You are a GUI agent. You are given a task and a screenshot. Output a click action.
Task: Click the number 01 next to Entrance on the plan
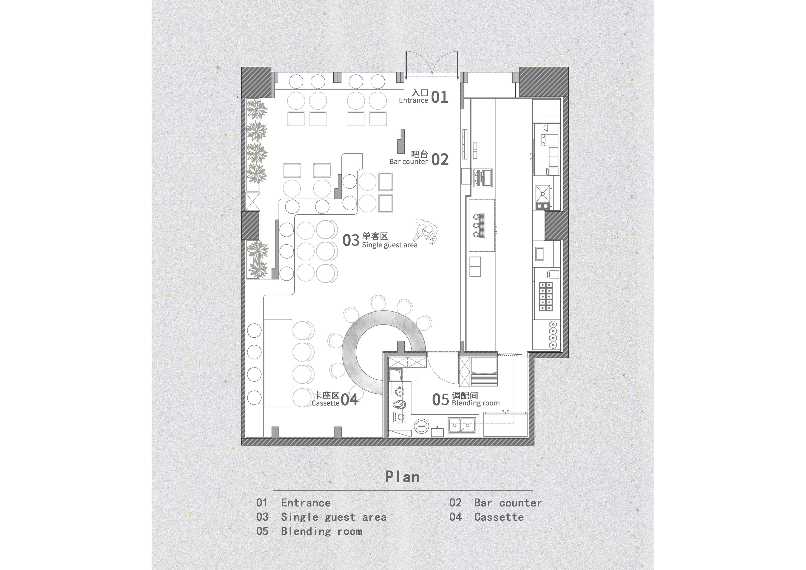pyautogui.click(x=440, y=97)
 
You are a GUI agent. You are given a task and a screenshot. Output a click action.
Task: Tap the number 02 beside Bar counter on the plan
pyautogui.click(x=440, y=160)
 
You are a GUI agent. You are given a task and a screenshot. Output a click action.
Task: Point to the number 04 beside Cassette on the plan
pyautogui.click(x=349, y=400)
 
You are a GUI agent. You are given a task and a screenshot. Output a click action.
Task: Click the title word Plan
pyautogui.click(x=402, y=477)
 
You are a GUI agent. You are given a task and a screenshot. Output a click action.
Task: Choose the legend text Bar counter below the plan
pyautogui.click(x=508, y=503)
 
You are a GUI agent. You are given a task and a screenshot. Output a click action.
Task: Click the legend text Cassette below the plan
pyautogui.click(x=499, y=517)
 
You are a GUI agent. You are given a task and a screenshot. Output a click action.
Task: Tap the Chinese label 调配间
pyautogui.click(x=465, y=396)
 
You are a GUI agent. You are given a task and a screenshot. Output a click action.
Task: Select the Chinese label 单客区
pyautogui.click(x=375, y=236)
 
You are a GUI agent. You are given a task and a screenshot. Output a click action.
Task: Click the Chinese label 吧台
pyautogui.click(x=420, y=154)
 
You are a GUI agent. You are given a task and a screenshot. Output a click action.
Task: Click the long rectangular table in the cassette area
pyautogui.click(x=278, y=363)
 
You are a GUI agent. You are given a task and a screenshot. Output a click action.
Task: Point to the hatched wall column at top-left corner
pyautogui.click(x=256, y=82)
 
